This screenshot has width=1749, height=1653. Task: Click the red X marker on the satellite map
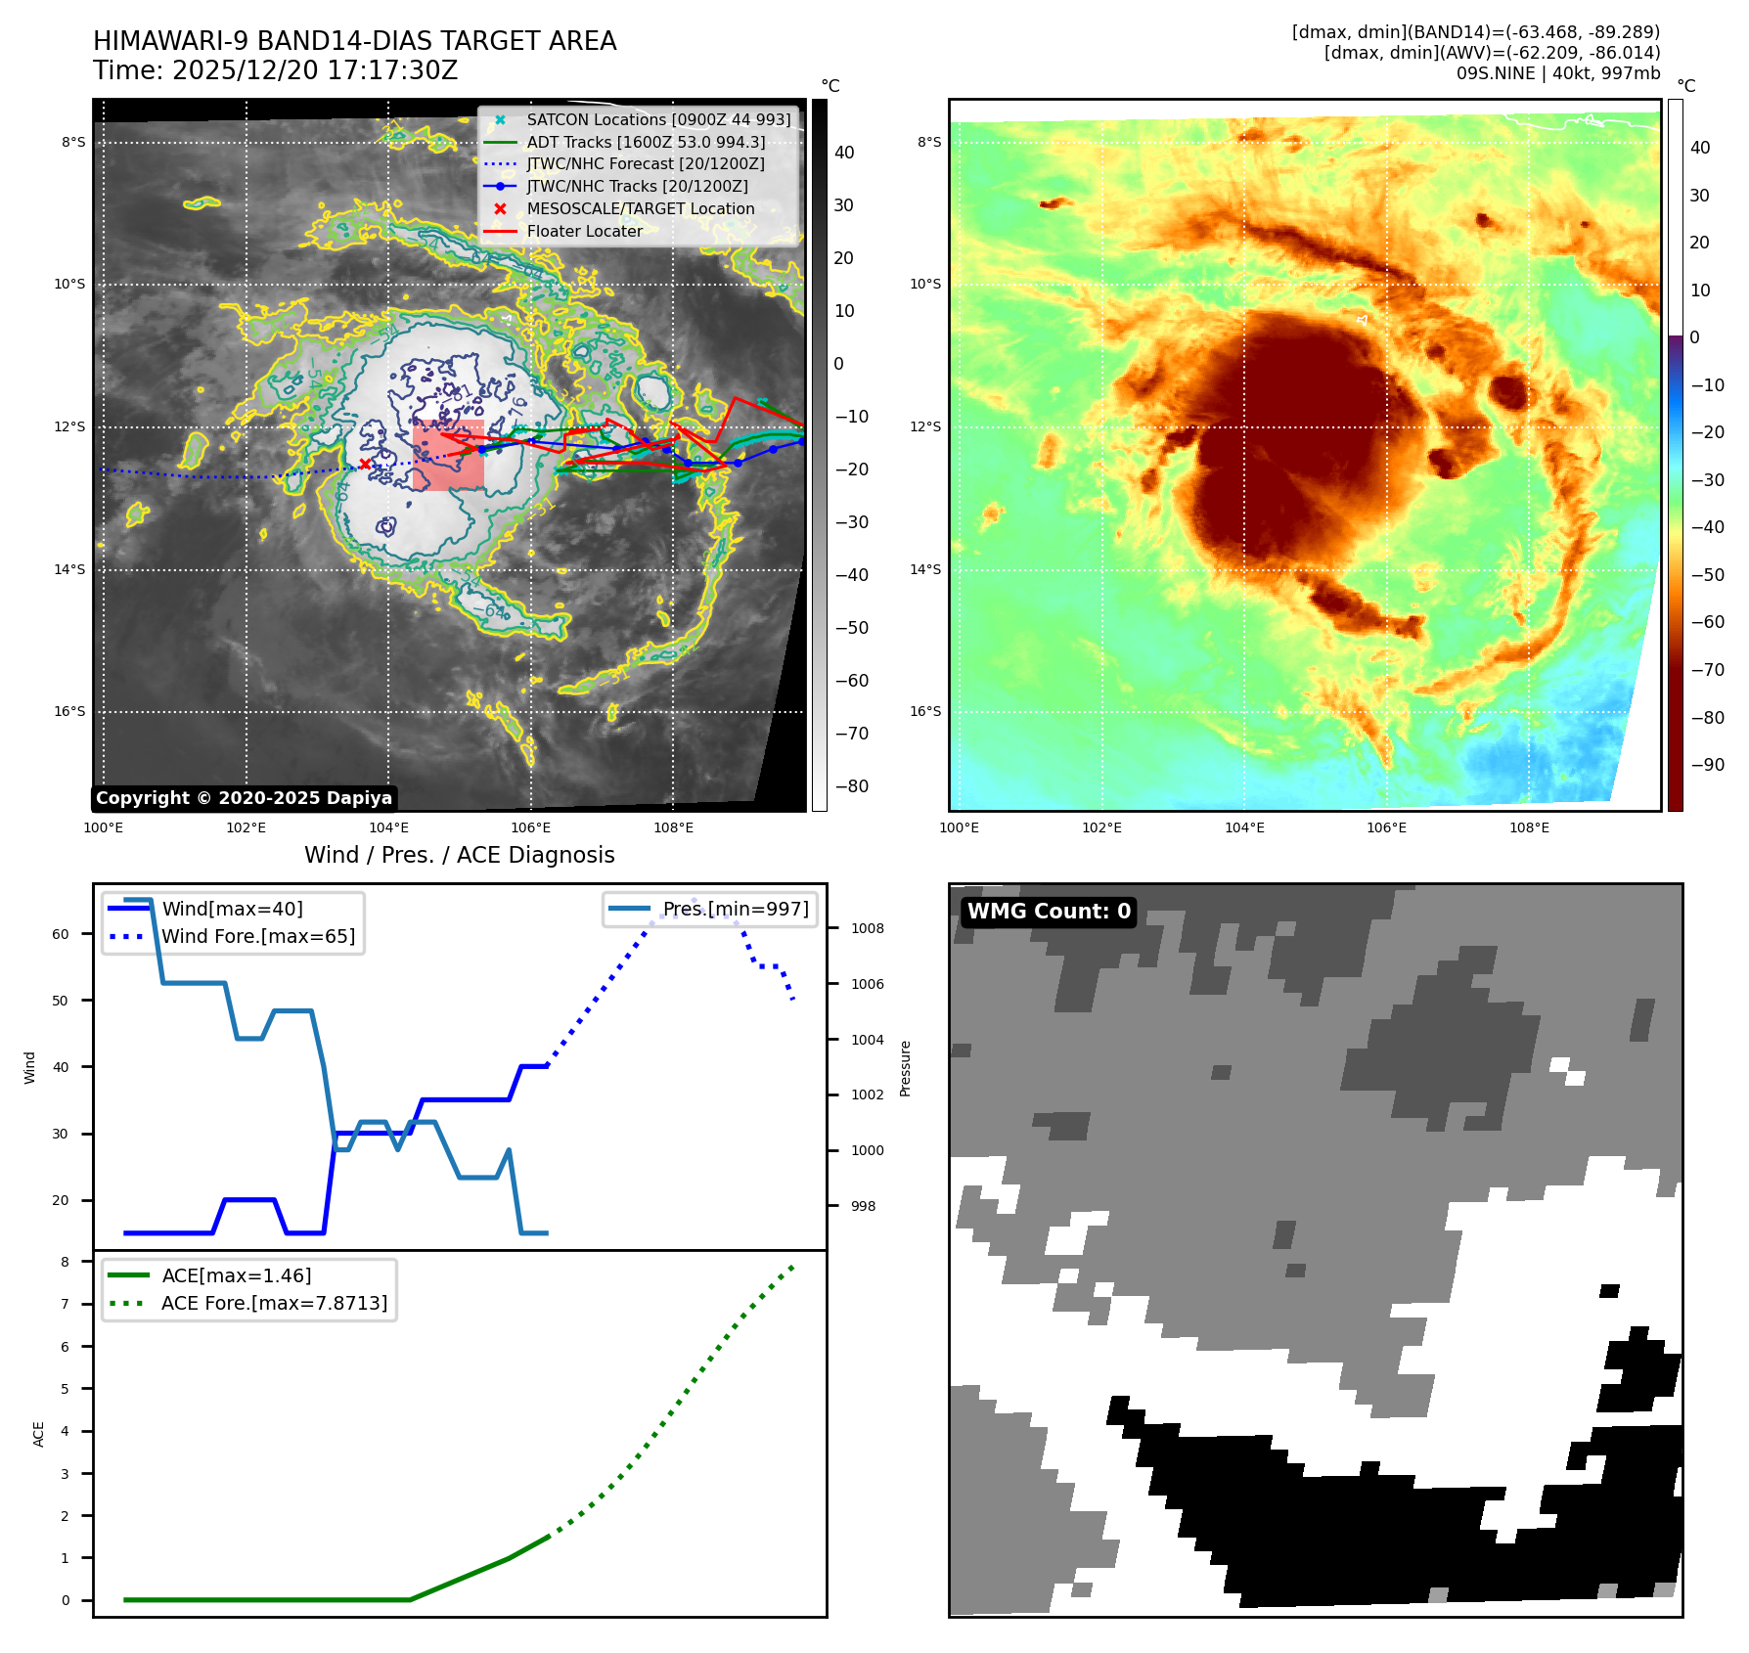(x=365, y=464)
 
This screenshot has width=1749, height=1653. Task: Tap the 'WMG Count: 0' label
(x=1049, y=912)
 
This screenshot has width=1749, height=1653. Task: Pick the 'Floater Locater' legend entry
(x=584, y=232)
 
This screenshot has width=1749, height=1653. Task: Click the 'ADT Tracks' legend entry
(x=646, y=142)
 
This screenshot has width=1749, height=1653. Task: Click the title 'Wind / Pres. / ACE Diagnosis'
(x=460, y=855)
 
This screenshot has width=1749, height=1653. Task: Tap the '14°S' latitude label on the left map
(x=69, y=569)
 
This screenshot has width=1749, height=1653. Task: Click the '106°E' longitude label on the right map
(x=1386, y=827)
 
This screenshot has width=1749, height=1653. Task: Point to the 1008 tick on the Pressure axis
(x=867, y=928)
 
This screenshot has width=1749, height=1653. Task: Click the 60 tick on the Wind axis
(x=61, y=934)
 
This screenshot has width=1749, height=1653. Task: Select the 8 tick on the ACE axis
(x=66, y=1262)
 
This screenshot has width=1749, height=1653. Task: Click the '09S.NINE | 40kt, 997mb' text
(x=1557, y=73)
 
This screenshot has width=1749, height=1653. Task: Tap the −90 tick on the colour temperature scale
(x=1708, y=765)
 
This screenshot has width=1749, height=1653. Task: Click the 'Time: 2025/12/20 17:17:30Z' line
(x=275, y=70)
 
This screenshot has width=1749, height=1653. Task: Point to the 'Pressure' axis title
(x=905, y=1068)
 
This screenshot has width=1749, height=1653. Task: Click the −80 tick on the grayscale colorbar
(x=851, y=786)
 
